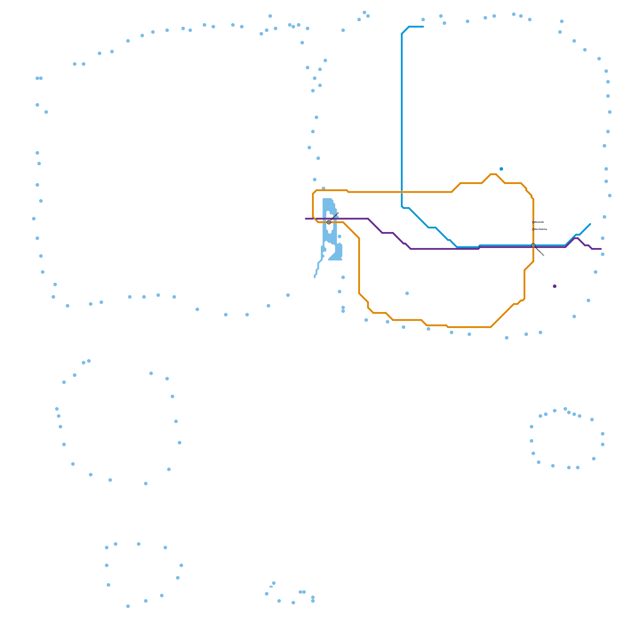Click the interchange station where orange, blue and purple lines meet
[533, 245]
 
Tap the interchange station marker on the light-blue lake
[329, 222]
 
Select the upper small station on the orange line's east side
[533, 222]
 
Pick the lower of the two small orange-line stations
[533, 229]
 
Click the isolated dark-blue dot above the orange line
[501, 169]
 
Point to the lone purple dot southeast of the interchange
[554, 286]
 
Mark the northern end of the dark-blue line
[423, 27]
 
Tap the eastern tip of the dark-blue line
[590, 224]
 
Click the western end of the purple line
[306, 219]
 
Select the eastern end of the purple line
[601, 249]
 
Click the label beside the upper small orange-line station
[540, 222]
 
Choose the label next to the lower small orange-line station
[541, 229]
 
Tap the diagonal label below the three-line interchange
[540, 252]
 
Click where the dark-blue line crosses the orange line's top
[402, 192]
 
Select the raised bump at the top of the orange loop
[493, 174]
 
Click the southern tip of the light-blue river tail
[315, 277]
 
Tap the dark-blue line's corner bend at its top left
[402, 33]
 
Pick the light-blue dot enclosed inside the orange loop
[407, 293]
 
